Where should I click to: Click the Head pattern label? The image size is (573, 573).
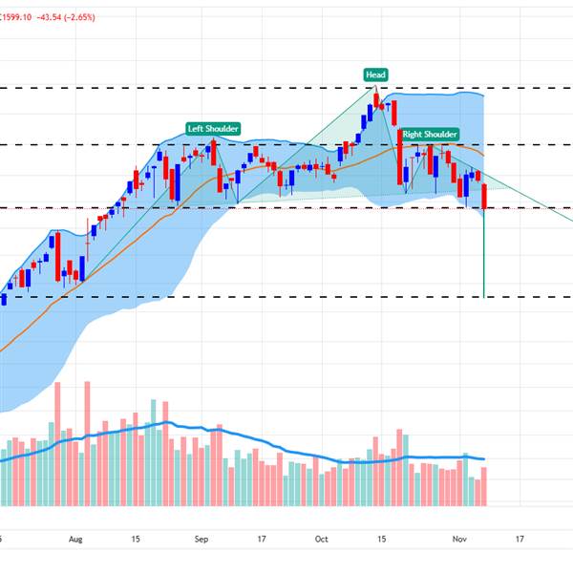click(x=375, y=74)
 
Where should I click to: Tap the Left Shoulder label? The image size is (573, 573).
click(x=212, y=129)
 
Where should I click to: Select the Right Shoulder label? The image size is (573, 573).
click(x=430, y=135)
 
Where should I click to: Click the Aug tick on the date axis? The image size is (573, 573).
click(x=76, y=539)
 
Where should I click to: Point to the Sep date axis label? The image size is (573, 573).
click(x=202, y=539)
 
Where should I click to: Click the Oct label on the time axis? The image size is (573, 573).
click(x=322, y=539)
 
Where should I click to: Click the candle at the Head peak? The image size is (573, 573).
click(x=376, y=98)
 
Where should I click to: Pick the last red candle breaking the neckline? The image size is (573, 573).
click(x=484, y=196)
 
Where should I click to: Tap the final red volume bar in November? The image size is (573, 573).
click(x=484, y=486)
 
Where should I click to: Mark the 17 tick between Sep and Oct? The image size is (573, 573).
click(x=262, y=539)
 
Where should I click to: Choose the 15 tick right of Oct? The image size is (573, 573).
click(x=381, y=539)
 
